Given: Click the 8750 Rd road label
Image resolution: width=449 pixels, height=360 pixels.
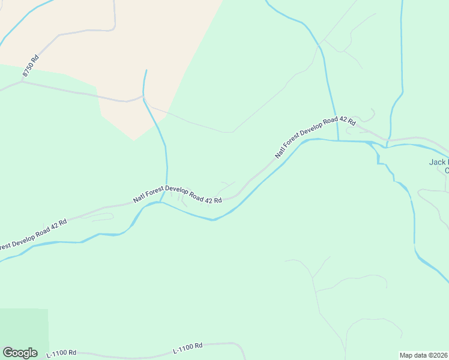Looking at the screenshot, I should click(x=31, y=66).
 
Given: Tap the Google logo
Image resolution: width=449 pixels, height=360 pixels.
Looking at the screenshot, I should click(x=20, y=353).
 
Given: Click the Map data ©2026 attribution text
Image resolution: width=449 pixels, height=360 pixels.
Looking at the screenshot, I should click(x=423, y=355).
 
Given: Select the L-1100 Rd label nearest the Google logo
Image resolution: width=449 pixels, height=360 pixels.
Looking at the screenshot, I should click(x=62, y=353).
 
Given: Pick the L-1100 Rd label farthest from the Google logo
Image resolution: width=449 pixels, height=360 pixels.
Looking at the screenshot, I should click(x=187, y=347).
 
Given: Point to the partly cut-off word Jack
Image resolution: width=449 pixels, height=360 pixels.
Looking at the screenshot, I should click(x=439, y=162).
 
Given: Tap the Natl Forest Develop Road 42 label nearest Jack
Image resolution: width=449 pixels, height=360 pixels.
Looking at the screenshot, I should click(x=315, y=137).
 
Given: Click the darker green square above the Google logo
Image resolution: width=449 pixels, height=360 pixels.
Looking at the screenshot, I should click(x=24, y=327).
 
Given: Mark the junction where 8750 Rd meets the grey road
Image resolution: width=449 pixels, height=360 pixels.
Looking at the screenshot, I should click(x=22, y=82).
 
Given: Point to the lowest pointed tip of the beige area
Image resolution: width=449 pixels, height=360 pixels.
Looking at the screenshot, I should click(x=134, y=141).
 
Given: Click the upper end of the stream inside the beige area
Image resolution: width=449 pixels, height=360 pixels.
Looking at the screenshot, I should click(x=145, y=70).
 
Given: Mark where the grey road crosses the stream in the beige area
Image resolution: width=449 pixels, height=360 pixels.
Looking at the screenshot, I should click(x=143, y=95).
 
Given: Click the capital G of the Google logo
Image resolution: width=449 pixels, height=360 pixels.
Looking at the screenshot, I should click(x=8, y=352).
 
